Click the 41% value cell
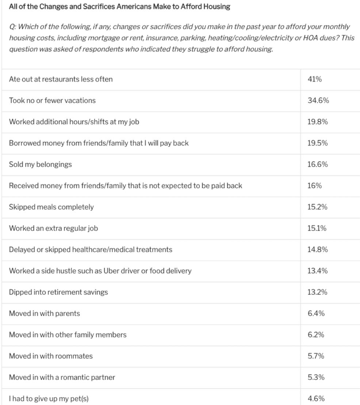point(314,79)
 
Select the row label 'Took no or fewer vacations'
point(52,100)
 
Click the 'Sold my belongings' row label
point(40,164)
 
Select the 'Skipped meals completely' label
point(51,207)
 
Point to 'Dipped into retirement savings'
point(58,292)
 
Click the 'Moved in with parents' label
point(44,313)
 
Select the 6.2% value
point(316,335)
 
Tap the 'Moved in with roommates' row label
point(51,356)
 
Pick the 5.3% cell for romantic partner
point(316,377)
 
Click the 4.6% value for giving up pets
point(316,398)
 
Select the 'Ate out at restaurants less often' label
point(61,79)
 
